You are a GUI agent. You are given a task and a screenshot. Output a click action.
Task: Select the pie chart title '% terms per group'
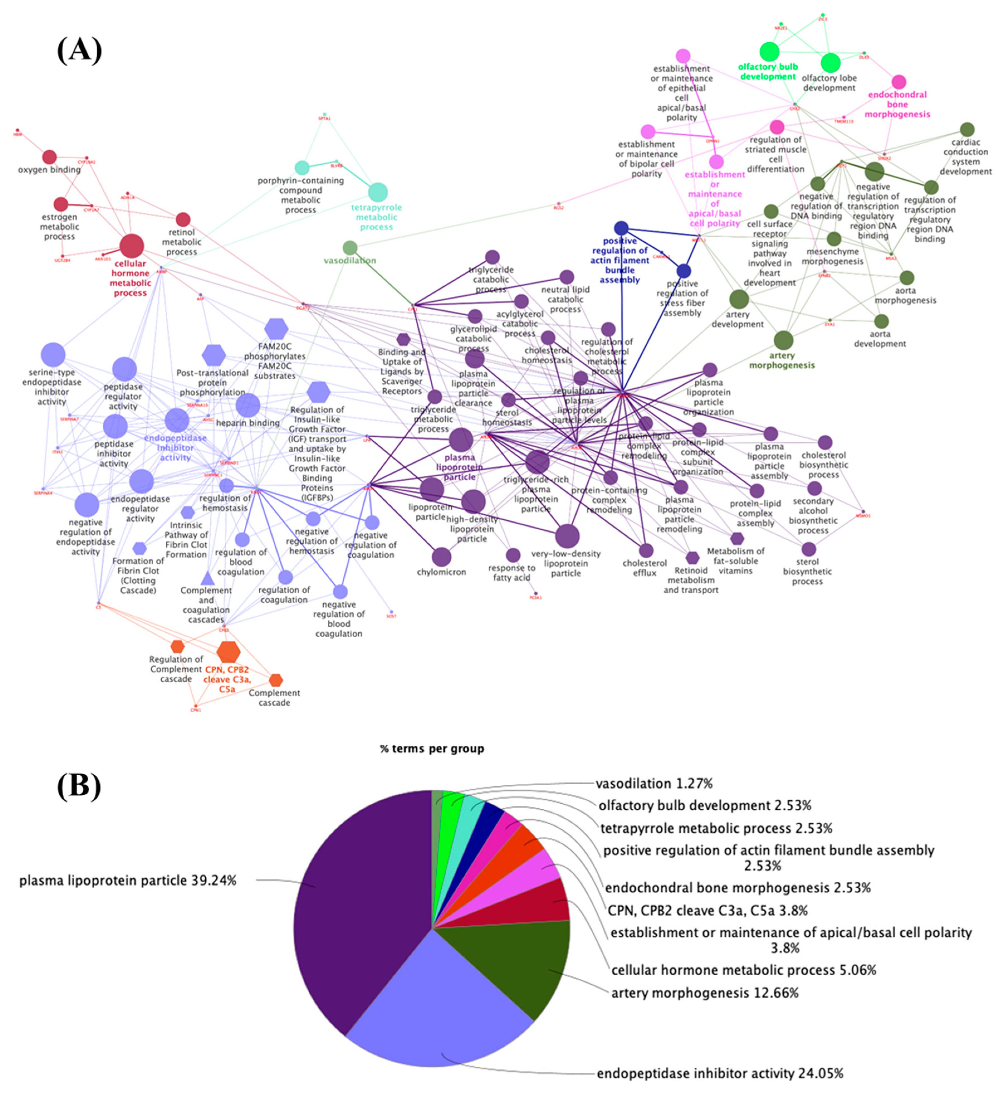432,749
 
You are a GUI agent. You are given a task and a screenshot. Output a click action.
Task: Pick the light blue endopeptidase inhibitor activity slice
435,1012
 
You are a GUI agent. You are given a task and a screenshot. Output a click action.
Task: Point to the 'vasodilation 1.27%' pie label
654,784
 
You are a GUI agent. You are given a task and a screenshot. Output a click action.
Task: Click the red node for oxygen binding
50,157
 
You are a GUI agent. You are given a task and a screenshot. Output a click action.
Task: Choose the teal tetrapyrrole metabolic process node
378,192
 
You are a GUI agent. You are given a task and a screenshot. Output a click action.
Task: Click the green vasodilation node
350,248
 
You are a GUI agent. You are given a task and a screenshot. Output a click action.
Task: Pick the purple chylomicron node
442,557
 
